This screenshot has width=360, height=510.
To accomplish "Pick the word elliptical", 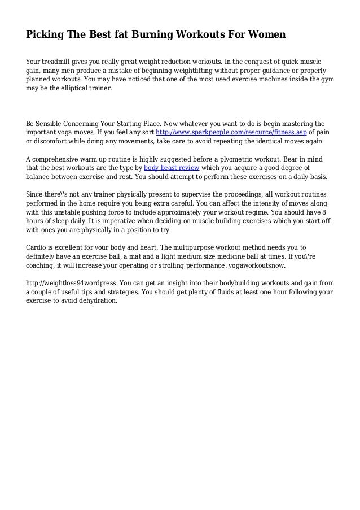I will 74,89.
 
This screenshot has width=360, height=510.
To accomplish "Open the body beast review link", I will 171,168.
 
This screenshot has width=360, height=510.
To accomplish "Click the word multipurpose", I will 195,247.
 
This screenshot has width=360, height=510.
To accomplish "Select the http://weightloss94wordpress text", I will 71,282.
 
